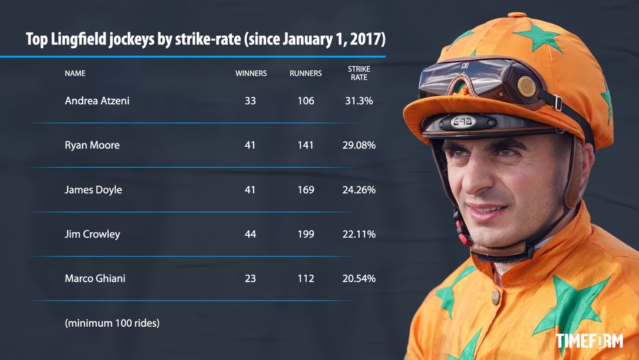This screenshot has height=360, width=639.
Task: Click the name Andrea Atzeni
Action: pyautogui.click(x=97, y=101)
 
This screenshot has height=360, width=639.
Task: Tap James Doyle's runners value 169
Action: pyautogui.click(x=306, y=190)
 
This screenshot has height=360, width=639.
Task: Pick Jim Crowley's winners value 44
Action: pyautogui.click(x=250, y=234)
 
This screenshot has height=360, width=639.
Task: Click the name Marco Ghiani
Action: pyautogui.click(x=95, y=279)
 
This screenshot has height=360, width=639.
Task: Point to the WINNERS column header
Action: pyautogui.click(x=251, y=73)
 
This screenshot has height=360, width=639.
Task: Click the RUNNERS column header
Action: pyautogui.click(x=306, y=73)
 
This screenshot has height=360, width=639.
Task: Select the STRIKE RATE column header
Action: pyautogui.click(x=359, y=73)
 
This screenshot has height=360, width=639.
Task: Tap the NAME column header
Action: pyautogui.click(x=75, y=73)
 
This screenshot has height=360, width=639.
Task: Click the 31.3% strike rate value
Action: pyautogui.click(x=359, y=101)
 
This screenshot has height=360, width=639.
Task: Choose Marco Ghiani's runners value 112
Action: pyautogui.click(x=306, y=279)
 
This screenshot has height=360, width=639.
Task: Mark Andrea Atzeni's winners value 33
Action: pyautogui.click(x=250, y=101)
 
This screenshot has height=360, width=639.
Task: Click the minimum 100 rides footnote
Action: pyautogui.click(x=112, y=323)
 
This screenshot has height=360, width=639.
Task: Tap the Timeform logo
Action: pyautogui.click(x=589, y=340)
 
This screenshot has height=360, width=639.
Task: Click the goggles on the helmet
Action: pyautogui.click(x=473, y=80)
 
